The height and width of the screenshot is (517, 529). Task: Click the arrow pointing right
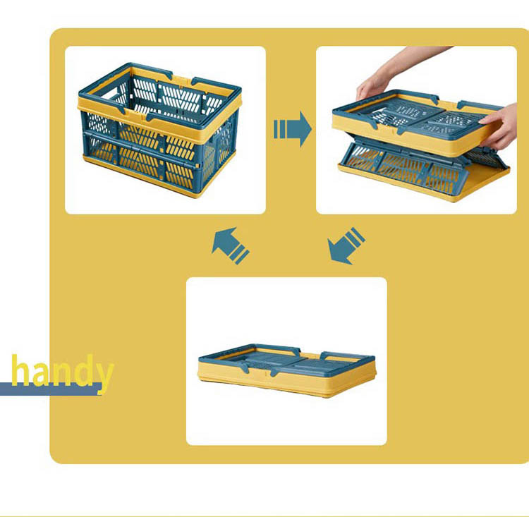(x=293, y=129)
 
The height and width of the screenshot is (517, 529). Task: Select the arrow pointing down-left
(x=346, y=246)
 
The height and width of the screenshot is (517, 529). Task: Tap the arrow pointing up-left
(x=231, y=245)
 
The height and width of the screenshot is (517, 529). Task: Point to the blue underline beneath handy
(x=51, y=389)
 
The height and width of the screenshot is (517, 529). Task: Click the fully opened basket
(x=160, y=130)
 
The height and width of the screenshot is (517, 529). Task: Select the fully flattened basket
(x=286, y=370)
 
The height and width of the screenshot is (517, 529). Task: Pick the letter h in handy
(x=20, y=370)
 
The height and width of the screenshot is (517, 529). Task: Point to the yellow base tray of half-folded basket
(x=425, y=182)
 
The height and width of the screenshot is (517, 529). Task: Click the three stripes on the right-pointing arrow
(x=280, y=129)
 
